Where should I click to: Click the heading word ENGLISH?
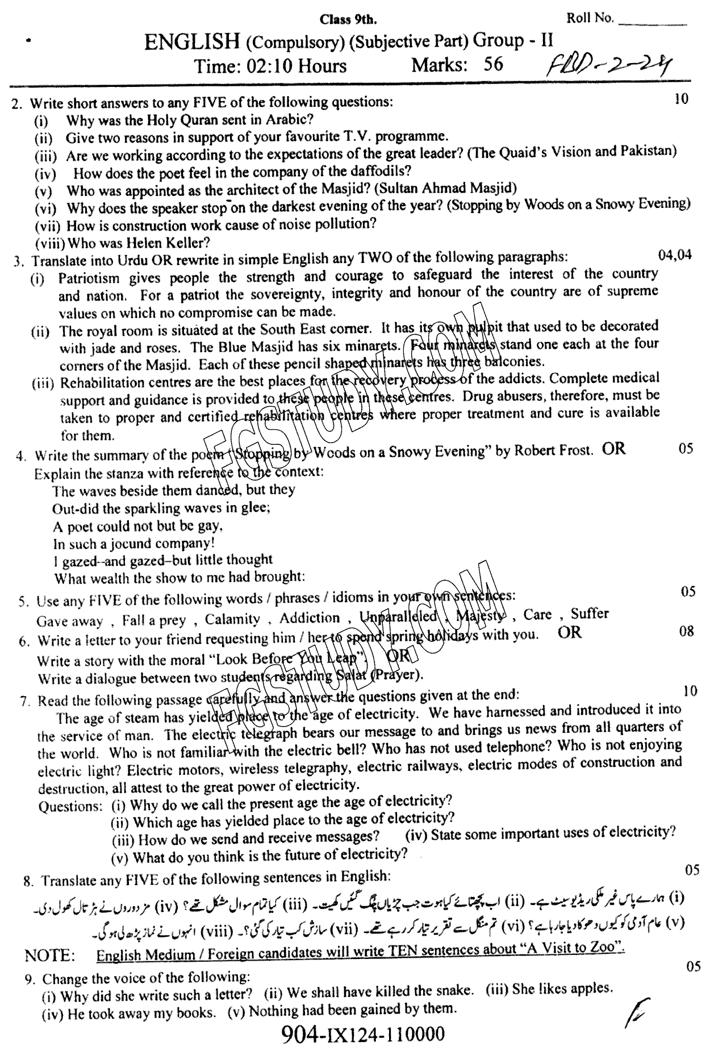pyautogui.click(x=192, y=43)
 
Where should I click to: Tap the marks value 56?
pyautogui.click(x=493, y=64)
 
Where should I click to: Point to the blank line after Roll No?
pyautogui.click(x=651, y=23)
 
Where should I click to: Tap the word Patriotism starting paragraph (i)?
pyautogui.click(x=89, y=278)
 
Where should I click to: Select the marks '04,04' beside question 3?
pyautogui.click(x=675, y=255)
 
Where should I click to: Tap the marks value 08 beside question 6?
pyautogui.click(x=686, y=631)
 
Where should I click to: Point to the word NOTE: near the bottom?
pyautogui.click(x=50, y=956)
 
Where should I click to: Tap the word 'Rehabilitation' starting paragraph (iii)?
pyautogui.click(x=102, y=382)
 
